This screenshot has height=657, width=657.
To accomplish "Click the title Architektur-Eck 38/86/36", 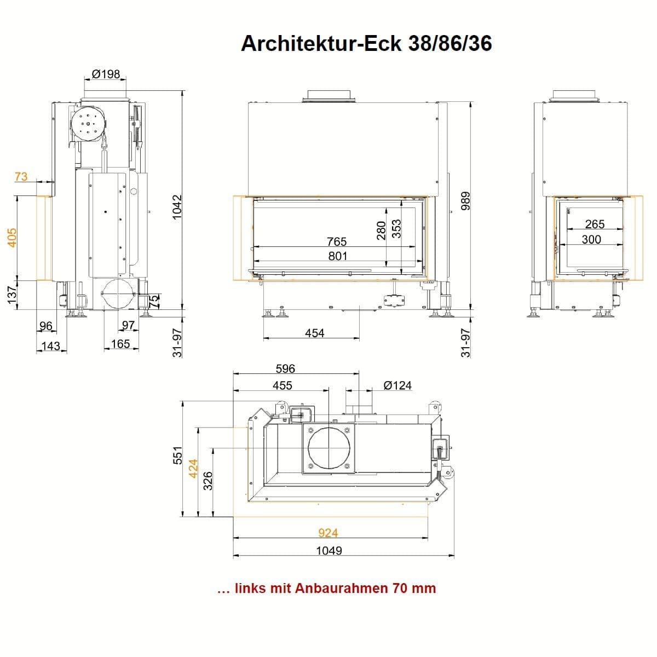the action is [366, 44].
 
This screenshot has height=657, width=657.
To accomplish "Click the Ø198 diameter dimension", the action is [106, 74].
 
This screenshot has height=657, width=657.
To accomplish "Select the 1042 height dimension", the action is [177, 207].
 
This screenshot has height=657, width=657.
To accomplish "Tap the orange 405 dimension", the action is [12, 238].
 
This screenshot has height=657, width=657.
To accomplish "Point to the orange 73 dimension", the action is [21, 177].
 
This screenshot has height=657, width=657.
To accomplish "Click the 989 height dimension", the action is [465, 201].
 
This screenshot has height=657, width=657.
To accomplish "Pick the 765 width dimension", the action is [337, 241].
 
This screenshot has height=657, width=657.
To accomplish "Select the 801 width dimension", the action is [338, 256].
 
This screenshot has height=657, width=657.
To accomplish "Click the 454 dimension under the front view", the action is [314, 333].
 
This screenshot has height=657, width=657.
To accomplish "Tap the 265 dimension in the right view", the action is [595, 224].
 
